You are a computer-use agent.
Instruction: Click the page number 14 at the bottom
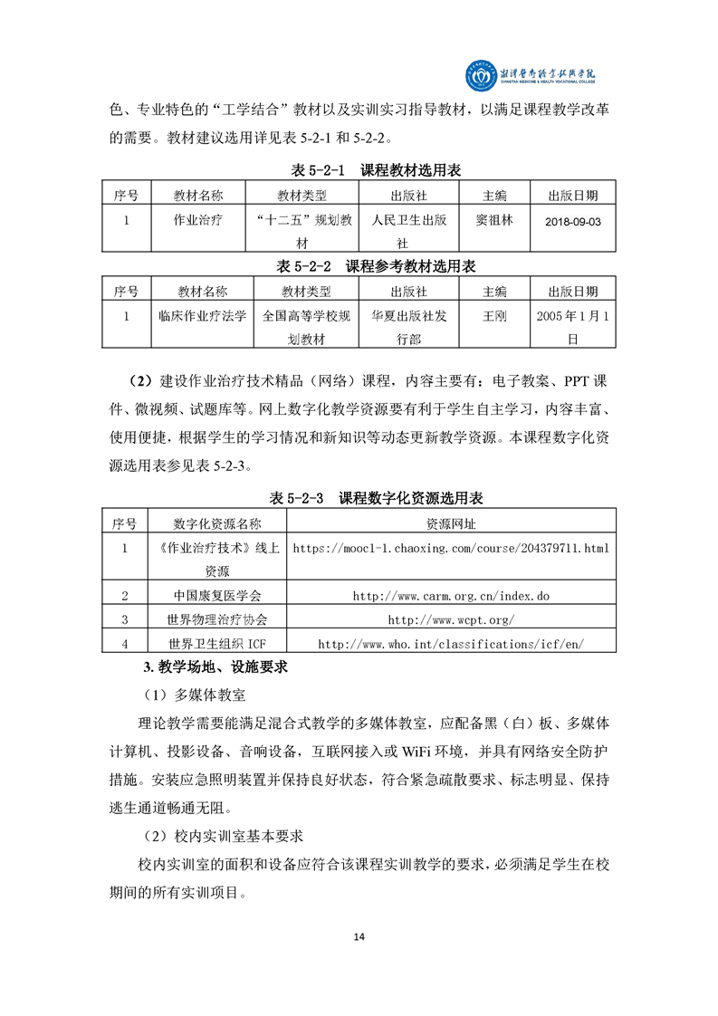point(359,935)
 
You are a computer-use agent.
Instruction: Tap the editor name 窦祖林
point(494,219)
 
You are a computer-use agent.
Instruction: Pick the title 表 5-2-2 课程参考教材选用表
point(376,266)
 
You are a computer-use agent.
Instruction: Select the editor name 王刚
point(494,316)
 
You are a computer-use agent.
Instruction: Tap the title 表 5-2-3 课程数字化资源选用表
point(376,499)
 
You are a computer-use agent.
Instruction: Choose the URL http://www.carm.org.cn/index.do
point(451,596)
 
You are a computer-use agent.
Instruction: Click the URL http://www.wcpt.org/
point(451,619)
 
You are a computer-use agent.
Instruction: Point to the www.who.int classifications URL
point(451,644)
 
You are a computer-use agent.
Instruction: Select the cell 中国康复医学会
point(216,596)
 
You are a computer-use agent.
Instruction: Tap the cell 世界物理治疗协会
point(216,619)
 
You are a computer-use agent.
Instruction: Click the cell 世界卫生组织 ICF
point(216,644)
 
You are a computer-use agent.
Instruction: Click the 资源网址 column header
point(451,523)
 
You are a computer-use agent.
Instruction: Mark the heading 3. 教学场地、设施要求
point(215,668)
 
